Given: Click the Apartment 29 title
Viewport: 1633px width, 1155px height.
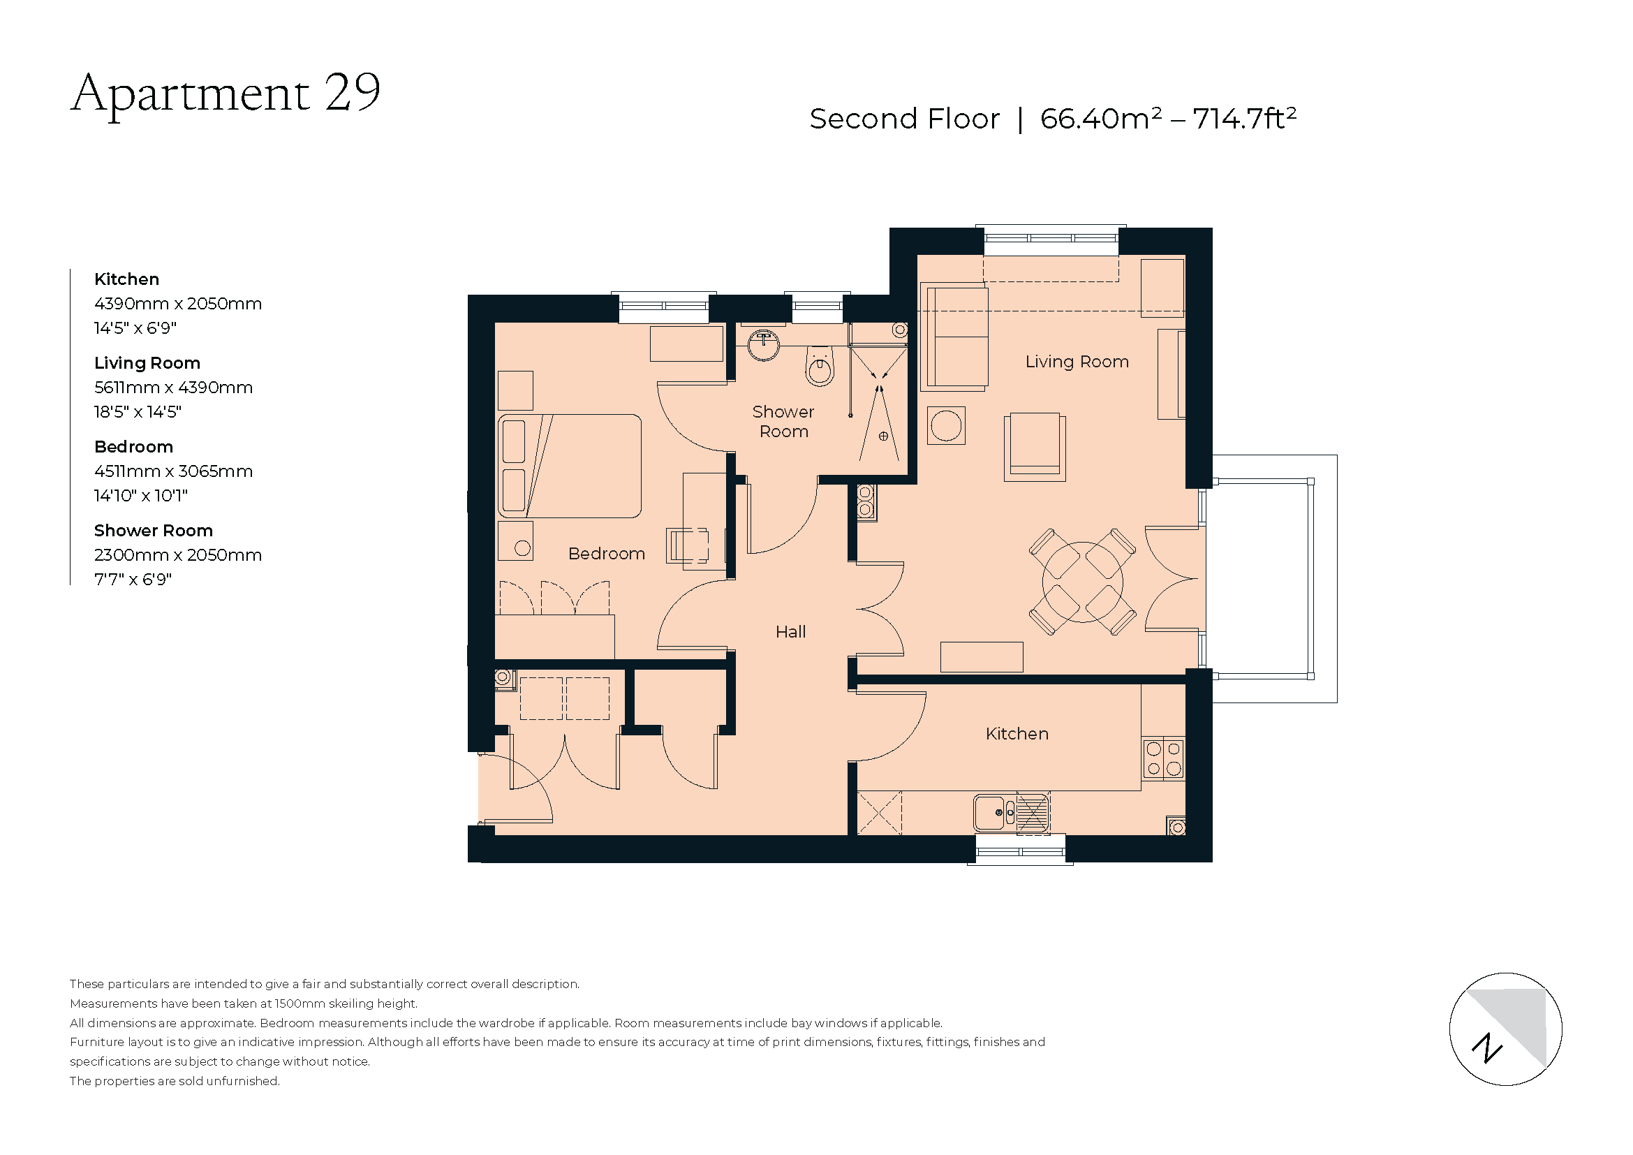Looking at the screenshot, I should (226, 93).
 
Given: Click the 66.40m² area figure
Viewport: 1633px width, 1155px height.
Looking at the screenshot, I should (1100, 119).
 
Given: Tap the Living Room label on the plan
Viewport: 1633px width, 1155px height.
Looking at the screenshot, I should (1077, 361).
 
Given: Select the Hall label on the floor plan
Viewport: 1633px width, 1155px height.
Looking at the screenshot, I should (790, 631).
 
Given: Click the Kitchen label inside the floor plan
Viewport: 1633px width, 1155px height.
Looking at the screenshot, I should (1017, 733).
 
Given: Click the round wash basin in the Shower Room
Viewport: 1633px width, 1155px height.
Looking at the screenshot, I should (764, 345).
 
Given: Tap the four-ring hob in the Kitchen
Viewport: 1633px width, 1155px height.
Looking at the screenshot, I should (1164, 758).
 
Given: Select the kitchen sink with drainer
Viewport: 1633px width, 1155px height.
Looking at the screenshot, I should (1011, 812).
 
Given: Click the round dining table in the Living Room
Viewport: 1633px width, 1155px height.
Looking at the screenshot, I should (1083, 582).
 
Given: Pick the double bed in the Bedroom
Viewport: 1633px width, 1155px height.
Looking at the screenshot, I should (570, 466).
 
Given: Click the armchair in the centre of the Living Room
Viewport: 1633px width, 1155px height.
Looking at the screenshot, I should (1035, 447).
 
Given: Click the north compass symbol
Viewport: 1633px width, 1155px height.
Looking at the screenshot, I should (1506, 1029).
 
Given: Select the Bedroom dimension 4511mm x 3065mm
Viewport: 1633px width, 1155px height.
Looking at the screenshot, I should (174, 471).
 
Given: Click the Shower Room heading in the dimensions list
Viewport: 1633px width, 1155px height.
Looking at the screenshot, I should (154, 530).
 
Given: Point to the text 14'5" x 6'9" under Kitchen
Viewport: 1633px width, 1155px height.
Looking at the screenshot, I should (135, 328).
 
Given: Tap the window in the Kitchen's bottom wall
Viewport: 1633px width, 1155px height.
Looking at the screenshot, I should (1020, 851).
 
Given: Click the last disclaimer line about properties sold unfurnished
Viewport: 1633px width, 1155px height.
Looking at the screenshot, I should (175, 1081).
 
